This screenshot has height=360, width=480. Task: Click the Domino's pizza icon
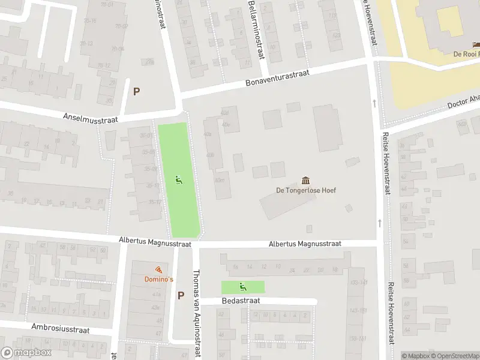(x=158, y=269)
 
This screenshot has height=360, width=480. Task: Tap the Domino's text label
(x=158, y=280)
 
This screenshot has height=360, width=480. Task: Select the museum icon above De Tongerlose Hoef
(x=306, y=181)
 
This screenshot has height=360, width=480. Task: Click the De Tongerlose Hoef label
(x=306, y=191)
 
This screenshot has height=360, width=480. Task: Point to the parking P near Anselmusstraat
(x=136, y=92)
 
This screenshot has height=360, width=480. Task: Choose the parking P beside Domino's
(x=181, y=295)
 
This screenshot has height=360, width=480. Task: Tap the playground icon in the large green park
(x=178, y=179)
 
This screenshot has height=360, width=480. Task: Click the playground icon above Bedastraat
(x=242, y=287)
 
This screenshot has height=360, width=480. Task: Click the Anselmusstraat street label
(x=90, y=116)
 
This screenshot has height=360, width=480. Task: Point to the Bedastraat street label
(x=240, y=301)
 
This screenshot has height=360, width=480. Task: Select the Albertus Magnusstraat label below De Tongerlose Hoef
(x=305, y=244)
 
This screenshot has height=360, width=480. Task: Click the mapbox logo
(x=26, y=353)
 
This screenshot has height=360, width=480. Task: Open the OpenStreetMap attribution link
(x=455, y=356)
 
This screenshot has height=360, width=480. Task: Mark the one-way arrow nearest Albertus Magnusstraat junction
(x=379, y=223)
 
